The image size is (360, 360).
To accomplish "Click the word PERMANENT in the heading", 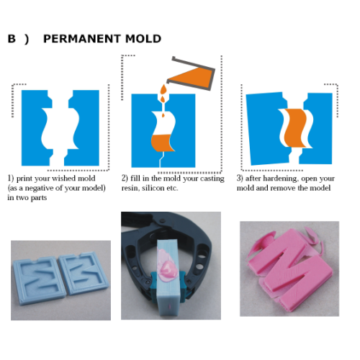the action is pos(81,39).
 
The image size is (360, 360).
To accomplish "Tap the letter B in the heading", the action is pos(12,39).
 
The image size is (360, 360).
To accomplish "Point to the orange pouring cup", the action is pos(192,76).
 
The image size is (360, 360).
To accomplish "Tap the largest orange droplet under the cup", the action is pos(163,90).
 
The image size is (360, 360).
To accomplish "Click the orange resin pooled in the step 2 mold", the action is pos(161,143).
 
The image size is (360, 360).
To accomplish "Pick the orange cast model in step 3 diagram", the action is pos(295,128).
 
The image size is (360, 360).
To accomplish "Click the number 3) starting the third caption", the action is pos(240,179).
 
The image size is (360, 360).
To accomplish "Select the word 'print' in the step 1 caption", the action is pos(24,179).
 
